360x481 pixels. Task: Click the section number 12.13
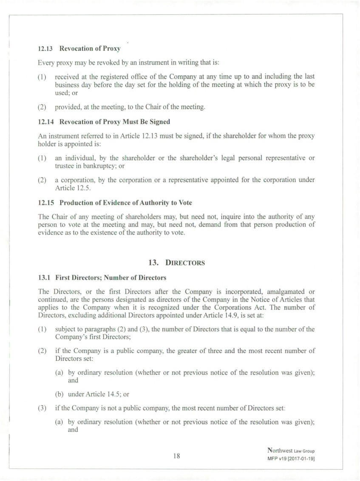point(45,48)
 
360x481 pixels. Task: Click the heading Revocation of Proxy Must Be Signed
point(115,122)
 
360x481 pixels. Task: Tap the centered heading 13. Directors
point(180,263)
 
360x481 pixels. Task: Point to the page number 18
point(177,456)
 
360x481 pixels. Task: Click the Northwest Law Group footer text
point(291,450)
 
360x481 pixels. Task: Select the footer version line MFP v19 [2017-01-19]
point(291,459)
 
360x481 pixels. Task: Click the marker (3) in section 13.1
point(43,408)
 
